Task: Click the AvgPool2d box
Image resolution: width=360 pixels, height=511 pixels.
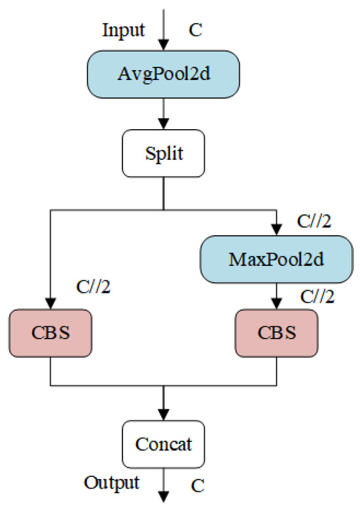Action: pyautogui.click(x=164, y=75)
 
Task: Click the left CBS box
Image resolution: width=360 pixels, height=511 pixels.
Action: pyautogui.click(x=50, y=333)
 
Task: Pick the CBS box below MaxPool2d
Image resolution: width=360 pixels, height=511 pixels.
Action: pyautogui.click(x=277, y=333)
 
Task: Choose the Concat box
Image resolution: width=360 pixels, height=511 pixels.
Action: pyautogui.click(x=164, y=444)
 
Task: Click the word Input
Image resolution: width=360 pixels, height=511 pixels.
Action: pyautogui.click(x=124, y=29)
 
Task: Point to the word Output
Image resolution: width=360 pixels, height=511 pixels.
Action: pyautogui.click(x=112, y=483)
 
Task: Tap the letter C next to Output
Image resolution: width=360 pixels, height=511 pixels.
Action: pyautogui.click(x=197, y=486)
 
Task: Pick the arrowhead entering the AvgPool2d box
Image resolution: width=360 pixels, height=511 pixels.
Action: pyautogui.click(x=164, y=46)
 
